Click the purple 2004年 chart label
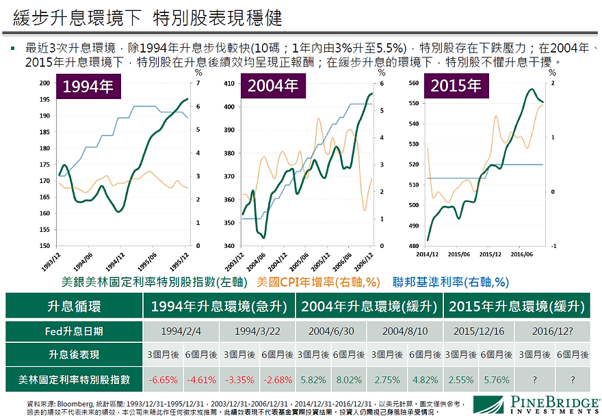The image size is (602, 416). pyautogui.click(x=272, y=87)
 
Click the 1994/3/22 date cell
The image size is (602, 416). pyautogui.click(x=257, y=331)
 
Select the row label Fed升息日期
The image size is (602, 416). pyautogui.click(x=74, y=331)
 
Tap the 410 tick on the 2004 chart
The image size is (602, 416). pyautogui.click(x=228, y=83)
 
